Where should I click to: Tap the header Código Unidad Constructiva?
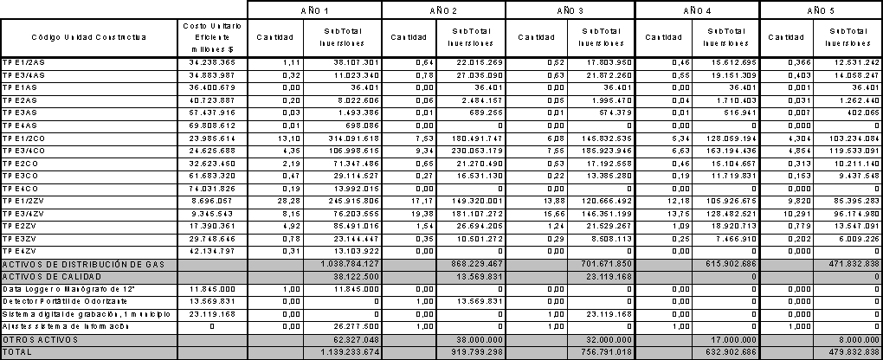[89, 37]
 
